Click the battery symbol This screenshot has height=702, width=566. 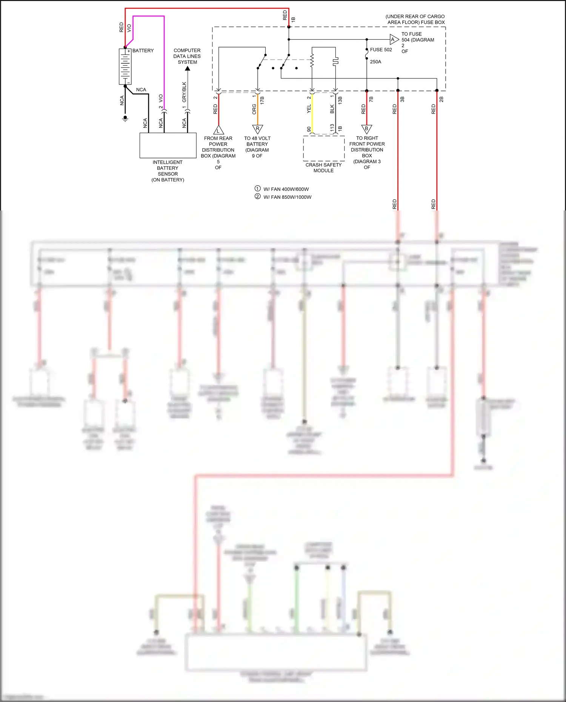[x=125, y=66]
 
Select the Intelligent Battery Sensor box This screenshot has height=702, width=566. [x=168, y=145]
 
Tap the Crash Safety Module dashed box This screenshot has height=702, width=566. [x=324, y=148]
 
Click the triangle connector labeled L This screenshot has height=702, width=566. [x=218, y=131]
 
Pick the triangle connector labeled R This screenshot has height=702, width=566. [x=257, y=129]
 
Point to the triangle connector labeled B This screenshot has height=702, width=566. [x=366, y=129]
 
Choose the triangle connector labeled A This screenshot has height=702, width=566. [x=394, y=39]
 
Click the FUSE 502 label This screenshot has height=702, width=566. [x=381, y=50]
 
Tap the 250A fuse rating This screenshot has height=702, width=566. [x=375, y=62]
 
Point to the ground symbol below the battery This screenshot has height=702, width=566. [x=125, y=118]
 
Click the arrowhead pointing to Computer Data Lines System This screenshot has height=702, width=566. [x=188, y=69]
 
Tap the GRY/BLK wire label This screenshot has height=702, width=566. [x=184, y=92]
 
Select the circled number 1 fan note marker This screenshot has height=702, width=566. [x=258, y=189]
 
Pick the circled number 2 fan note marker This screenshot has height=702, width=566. [x=258, y=197]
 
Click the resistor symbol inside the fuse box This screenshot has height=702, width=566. [x=312, y=60]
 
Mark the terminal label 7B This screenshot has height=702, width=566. [x=371, y=99]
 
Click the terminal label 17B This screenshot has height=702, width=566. [x=262, y=100]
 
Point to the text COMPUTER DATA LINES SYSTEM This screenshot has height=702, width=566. [x=187, y=56]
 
